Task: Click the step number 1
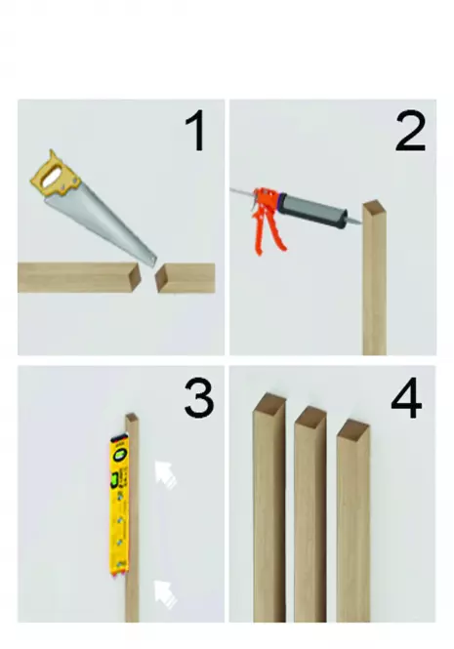tap(196, 132)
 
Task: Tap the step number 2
tap(410, 132)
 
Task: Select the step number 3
tap(199, 398)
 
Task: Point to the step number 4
tap(406, 398)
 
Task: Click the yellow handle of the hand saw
tap(56, 176)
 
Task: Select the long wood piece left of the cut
tap(79, 277)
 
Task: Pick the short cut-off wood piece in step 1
tap(186, 278)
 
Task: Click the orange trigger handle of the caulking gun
tap(268, 222)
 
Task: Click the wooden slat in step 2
tap(375, 277)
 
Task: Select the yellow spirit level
tap(119, 505)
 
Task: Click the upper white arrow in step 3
tap(165, 474)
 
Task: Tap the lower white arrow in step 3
tap(165, 594)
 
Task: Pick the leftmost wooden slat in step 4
tap(269, 507)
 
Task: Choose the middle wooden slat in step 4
tap(310, 514)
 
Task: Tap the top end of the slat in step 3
tap(132, 418)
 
